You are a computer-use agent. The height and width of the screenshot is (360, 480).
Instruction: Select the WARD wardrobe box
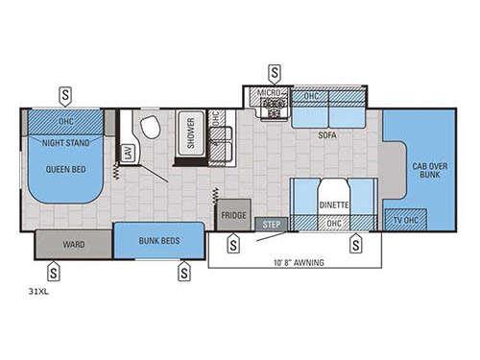pos(74,245)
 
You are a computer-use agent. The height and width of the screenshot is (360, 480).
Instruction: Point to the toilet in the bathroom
pos(149,130)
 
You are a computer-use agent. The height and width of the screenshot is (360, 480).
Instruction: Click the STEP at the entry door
pos(271,225)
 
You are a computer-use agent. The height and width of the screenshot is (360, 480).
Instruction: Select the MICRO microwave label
pos(267,93)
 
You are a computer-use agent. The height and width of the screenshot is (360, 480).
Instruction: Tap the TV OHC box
pos(405,218)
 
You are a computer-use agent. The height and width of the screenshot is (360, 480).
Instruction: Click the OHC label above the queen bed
pos(65,121)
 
